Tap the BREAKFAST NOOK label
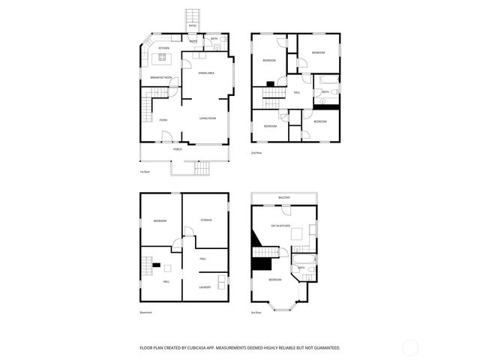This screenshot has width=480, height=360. pos(161,77)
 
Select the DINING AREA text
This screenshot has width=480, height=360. pos(206,73)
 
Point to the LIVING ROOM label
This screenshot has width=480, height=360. pos(208,119)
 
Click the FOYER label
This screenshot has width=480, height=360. pos(162,120)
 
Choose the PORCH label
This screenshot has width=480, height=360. pos(178,149)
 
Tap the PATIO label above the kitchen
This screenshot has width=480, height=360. pos(193,25)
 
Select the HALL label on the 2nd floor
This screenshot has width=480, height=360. pos(298,92)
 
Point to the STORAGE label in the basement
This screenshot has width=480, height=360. pos(206,220)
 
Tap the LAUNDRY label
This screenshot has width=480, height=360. pos(205,286)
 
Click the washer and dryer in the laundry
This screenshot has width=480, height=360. pos(221,282)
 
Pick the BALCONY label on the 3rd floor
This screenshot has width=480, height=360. pos(284,198)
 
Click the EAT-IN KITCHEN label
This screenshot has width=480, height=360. pos(281,226)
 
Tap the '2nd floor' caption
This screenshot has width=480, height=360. pos(256,152)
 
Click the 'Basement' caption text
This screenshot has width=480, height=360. pos(145,313)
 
